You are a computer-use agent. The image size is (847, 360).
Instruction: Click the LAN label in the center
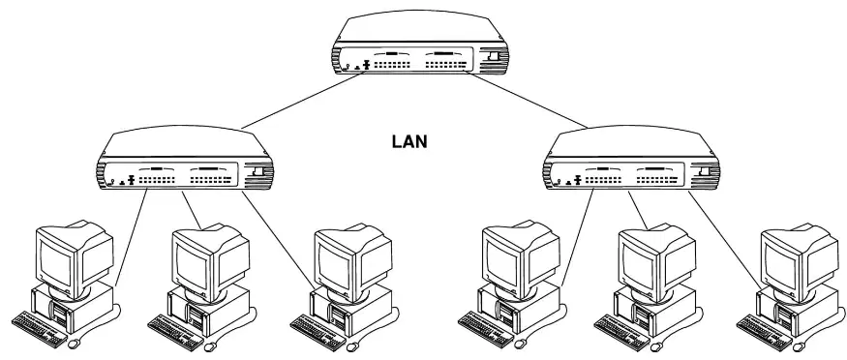tap(408, 142)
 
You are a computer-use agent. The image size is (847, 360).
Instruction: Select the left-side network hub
tap(185, 158)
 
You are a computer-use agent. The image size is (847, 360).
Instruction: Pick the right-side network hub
tap(632, 158)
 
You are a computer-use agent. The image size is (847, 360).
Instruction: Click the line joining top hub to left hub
tap(301, 102)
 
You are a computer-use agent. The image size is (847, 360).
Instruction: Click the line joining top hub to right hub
tap(528, 101)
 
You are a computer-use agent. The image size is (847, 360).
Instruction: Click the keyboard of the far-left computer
tap(39, 328)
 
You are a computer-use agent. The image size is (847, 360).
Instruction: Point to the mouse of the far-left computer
tap(76, 343)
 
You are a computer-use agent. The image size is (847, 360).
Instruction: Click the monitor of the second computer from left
tap(210, 260)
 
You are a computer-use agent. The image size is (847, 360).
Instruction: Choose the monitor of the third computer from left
tap(352, 260)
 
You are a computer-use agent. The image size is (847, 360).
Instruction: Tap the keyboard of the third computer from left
tap(318, 331)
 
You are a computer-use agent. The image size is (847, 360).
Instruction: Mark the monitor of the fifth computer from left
tap(657, 260)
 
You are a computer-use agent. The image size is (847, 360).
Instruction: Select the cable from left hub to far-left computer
tap(131, 237)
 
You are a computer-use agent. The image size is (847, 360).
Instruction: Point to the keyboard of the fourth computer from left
tap(486, 328)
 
